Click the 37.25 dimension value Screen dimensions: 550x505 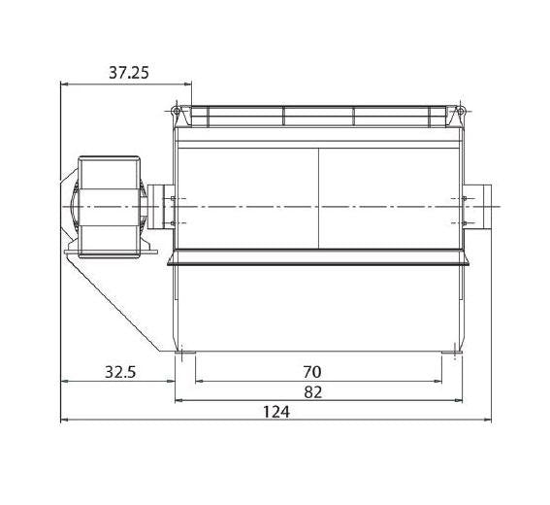click(x=129, y=73)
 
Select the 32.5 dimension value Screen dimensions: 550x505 click(x=120, y=372)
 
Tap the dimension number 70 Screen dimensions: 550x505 click(x=311, y=372)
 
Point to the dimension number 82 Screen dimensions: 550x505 click(x=313, y=392)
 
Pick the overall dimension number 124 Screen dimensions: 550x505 click(x=276, y=412)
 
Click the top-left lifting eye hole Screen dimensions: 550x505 click(x=177, y=112)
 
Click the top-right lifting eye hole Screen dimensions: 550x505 click(x=460, y=112)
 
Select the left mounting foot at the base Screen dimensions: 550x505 click(x=185, y=353)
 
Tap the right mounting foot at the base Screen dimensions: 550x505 click(x=452, y=353)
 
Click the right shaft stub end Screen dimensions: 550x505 click(x=488, y=207)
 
